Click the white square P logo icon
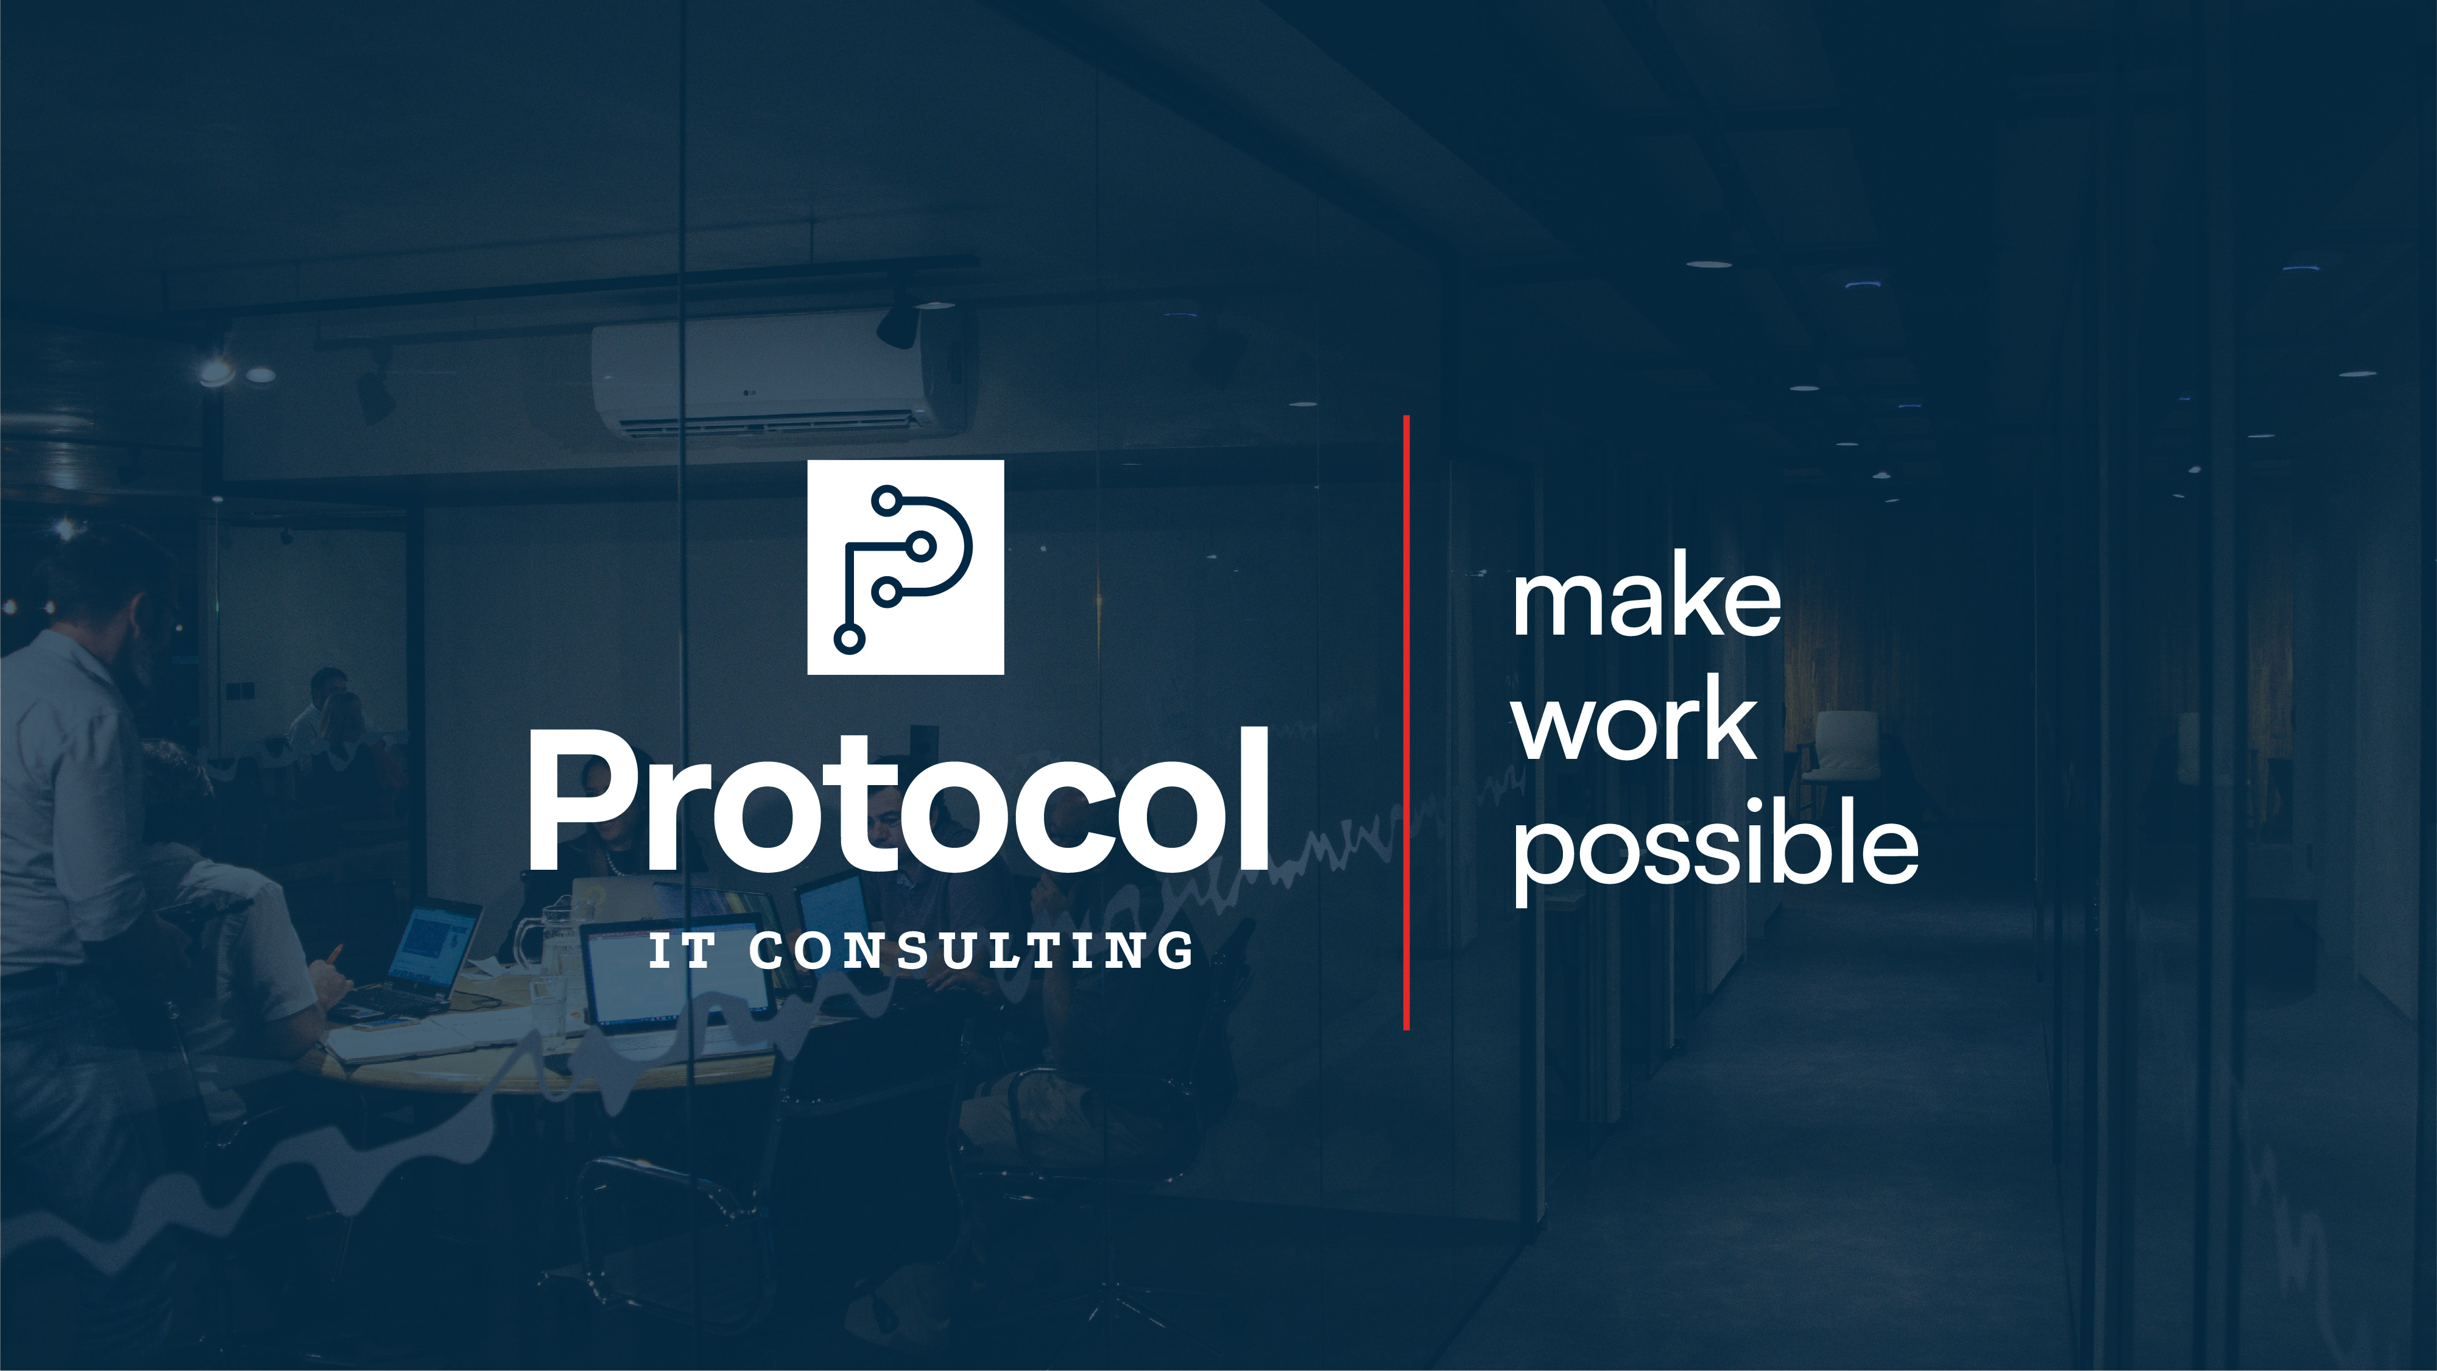click(x=905, y=567)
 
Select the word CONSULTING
click(x=972, y=951)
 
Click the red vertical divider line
click(x=1407, y=722)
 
